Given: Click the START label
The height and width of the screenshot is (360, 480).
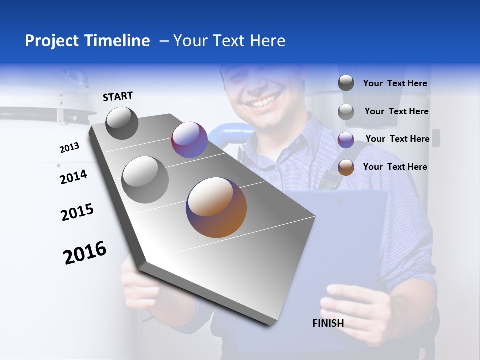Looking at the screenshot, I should [x=118, y=96].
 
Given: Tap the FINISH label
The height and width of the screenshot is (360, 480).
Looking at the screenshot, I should [x=328, y=323].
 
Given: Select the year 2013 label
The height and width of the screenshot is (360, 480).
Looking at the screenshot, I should [x=69, y=148].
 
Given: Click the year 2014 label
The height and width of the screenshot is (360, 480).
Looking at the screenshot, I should [x=73, y=177].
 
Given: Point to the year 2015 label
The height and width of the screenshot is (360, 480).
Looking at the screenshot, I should [x=77, y=212].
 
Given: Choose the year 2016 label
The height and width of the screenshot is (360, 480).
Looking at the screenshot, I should [x=85, y=253].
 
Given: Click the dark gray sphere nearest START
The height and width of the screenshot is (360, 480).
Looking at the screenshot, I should [x=122, y=123].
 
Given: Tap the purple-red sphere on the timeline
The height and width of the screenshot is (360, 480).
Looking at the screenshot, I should [x=189, y=140].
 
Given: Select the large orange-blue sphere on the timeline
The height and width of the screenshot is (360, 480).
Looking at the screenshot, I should [x=216, y=207].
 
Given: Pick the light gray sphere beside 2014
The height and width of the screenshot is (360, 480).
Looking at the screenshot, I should [x=145, y=180].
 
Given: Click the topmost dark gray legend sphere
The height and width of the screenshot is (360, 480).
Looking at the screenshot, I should [x=346, y=83].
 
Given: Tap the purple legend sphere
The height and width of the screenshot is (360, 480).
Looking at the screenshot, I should [x=346, y=140].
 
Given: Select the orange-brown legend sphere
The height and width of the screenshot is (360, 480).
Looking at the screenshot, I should [x=346, y=167].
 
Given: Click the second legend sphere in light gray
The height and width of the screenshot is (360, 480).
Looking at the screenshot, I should [x=346, y=112].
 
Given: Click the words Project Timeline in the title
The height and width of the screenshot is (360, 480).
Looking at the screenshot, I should [x=87, y=41].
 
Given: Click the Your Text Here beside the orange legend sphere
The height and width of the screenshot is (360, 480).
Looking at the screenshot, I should [x=395, y=167].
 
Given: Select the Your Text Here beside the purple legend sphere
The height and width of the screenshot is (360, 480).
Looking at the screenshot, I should [x=397, y=139].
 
